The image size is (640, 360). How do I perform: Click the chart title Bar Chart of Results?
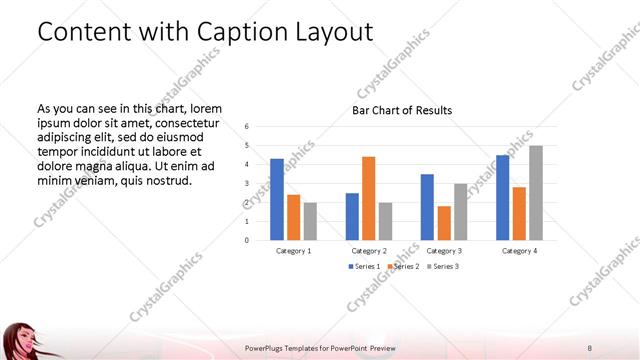pos(401,110)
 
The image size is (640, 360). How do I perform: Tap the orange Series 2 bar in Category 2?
pos(368,198)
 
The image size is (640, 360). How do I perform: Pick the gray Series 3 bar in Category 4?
pos(536,193)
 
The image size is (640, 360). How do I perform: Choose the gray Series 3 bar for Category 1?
pos(309,221)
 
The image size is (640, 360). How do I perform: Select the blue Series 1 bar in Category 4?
pos(503,197)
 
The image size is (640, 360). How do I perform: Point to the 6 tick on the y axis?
pos(247,127)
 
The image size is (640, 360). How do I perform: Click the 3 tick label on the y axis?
pos(247,184)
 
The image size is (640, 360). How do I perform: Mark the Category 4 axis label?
pos(519,250)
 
